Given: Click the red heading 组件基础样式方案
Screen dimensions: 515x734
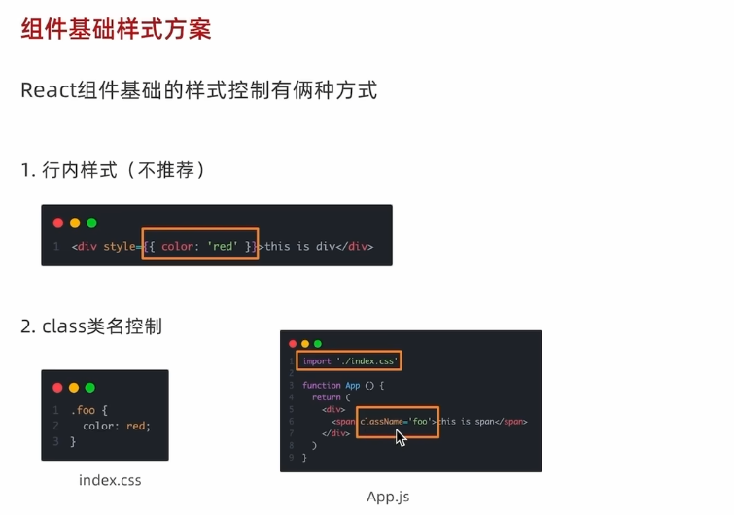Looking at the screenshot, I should (116, 28).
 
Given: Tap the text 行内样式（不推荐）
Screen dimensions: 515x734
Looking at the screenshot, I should (123, 170).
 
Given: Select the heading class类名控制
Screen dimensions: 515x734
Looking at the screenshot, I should (101, 326).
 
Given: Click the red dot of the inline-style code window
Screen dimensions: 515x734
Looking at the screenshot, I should (58, 223).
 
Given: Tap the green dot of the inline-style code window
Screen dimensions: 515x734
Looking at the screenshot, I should (91, 223).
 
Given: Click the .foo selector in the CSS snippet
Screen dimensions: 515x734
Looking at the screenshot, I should (83, 410).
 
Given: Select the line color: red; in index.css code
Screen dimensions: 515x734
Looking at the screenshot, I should (117, 426).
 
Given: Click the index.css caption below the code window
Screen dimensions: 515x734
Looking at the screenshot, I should (110, 480).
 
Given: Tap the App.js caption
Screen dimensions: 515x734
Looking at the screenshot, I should (388, 497).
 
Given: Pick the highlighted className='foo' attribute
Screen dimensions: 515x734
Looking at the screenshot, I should (397, 422).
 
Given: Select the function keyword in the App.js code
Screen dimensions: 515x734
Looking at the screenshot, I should (321, 385).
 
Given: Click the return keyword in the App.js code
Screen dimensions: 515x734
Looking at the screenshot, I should (326, 397).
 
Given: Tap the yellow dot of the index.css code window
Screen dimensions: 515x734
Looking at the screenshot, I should (74, 388).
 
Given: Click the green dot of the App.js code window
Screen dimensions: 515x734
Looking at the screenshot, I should (317, 344).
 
